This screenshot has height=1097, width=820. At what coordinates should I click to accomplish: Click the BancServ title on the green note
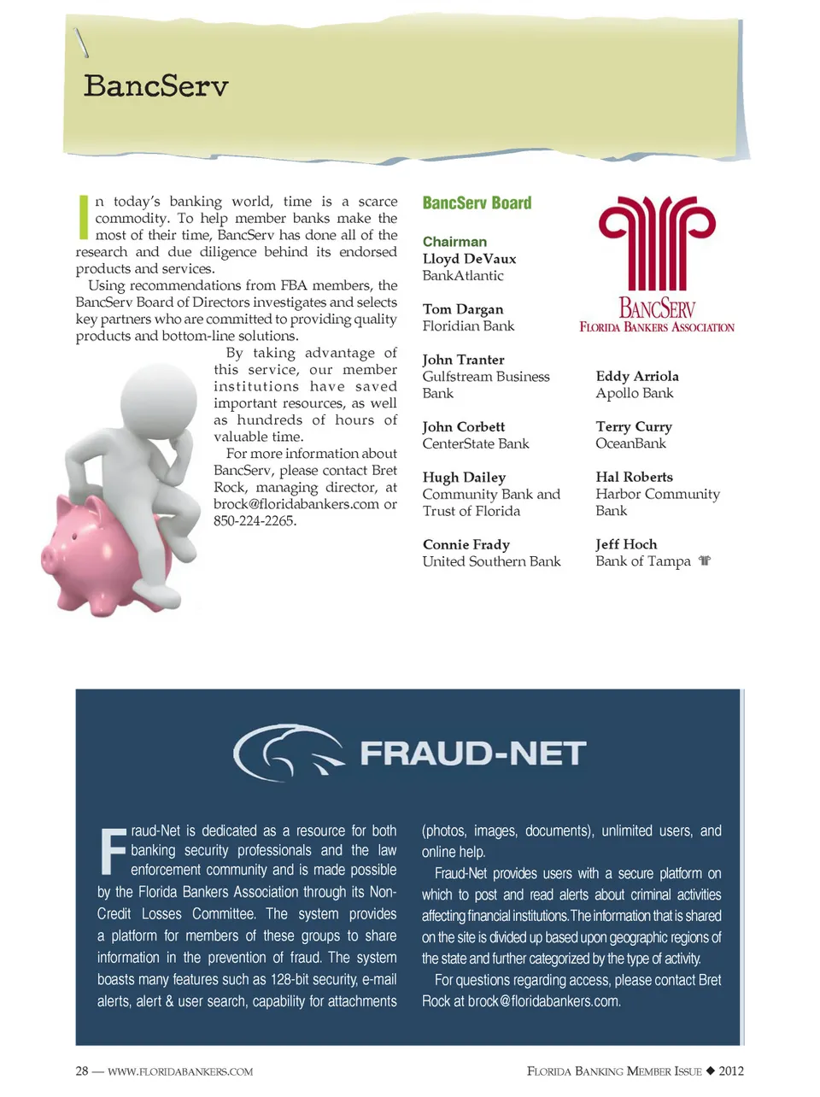tap(156, 86)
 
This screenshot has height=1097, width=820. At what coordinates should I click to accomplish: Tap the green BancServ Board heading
tap(477, 203)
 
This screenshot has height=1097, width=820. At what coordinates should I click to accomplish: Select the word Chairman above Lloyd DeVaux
tap(454, 242)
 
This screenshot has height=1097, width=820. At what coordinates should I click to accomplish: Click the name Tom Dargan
tap(462, 309)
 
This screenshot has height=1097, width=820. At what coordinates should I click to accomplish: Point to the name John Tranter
tap(463, 360)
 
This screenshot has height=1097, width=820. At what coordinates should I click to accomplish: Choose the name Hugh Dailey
tap(464, 478)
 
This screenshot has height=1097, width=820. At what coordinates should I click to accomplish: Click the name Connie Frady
tap(466, 545)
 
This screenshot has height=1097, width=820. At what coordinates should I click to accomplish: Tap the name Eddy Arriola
tap(637, 376)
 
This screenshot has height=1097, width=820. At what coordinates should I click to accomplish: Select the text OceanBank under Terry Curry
tap(630, 443)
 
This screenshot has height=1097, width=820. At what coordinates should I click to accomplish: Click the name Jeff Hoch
tap(626, 544)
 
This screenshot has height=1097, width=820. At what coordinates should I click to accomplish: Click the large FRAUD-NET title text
tap(472, 754)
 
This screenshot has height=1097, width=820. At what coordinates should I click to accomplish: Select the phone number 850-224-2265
tap(255, 521)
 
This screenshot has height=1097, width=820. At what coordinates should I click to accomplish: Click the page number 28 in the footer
tap(82, 1071)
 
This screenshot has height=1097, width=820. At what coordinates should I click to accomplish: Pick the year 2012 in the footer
tap(731, 1071)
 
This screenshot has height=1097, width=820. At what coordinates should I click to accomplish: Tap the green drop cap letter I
tap(84, 217)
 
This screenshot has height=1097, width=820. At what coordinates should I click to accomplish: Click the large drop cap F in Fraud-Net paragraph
tap(113, 851)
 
